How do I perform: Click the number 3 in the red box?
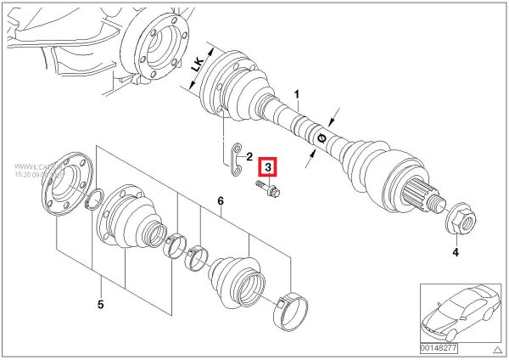coord(267,167)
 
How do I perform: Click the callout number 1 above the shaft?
coord(297,93)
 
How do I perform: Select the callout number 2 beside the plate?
coord(249,157)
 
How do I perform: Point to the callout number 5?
coord(99,303)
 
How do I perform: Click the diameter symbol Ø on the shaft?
coord(322,136)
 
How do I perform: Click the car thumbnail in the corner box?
coord(457,310)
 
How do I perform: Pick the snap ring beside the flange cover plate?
coord(97,200)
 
